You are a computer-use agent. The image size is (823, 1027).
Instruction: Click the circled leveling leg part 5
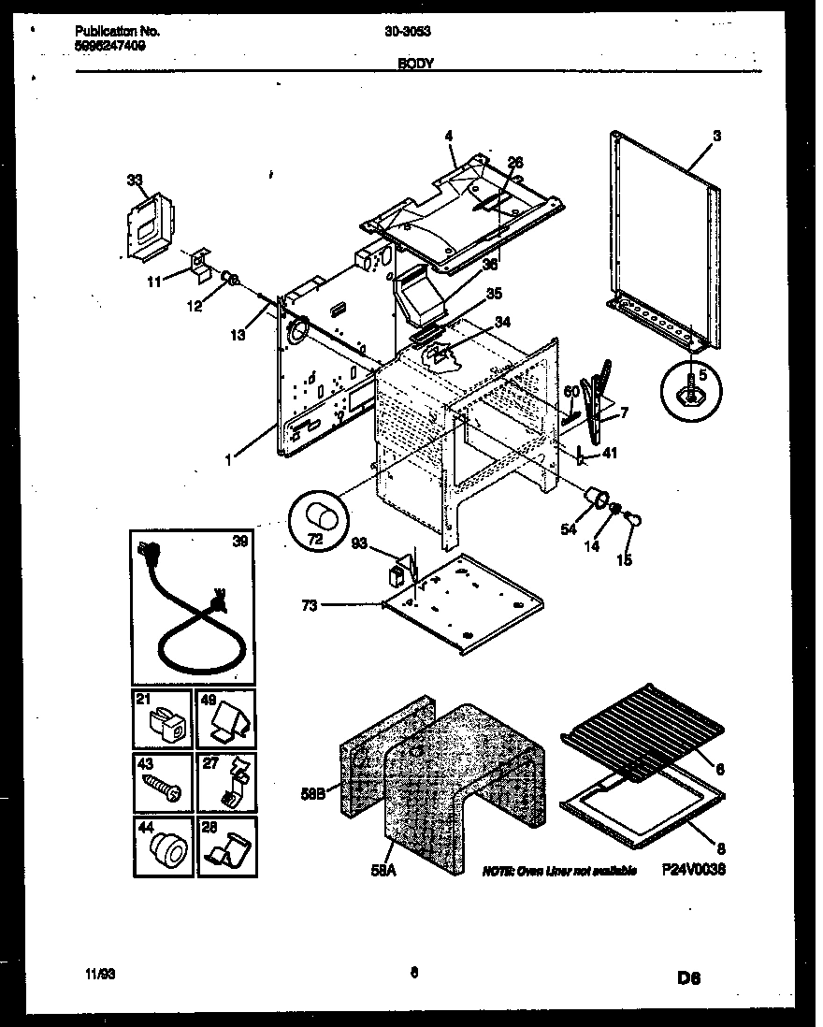click(x=691, y=390)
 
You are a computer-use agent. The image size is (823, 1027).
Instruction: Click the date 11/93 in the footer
click(x=95, y=974)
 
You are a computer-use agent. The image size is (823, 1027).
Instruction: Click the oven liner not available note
click(x=559, y=871)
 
